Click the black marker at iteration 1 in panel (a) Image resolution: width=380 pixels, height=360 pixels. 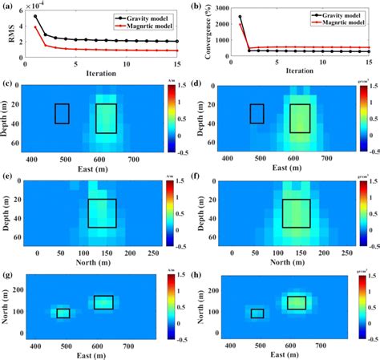coord(34,16)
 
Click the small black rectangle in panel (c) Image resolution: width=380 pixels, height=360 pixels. coord(62,114)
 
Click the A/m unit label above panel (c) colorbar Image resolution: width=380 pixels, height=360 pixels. coord(171,79)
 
